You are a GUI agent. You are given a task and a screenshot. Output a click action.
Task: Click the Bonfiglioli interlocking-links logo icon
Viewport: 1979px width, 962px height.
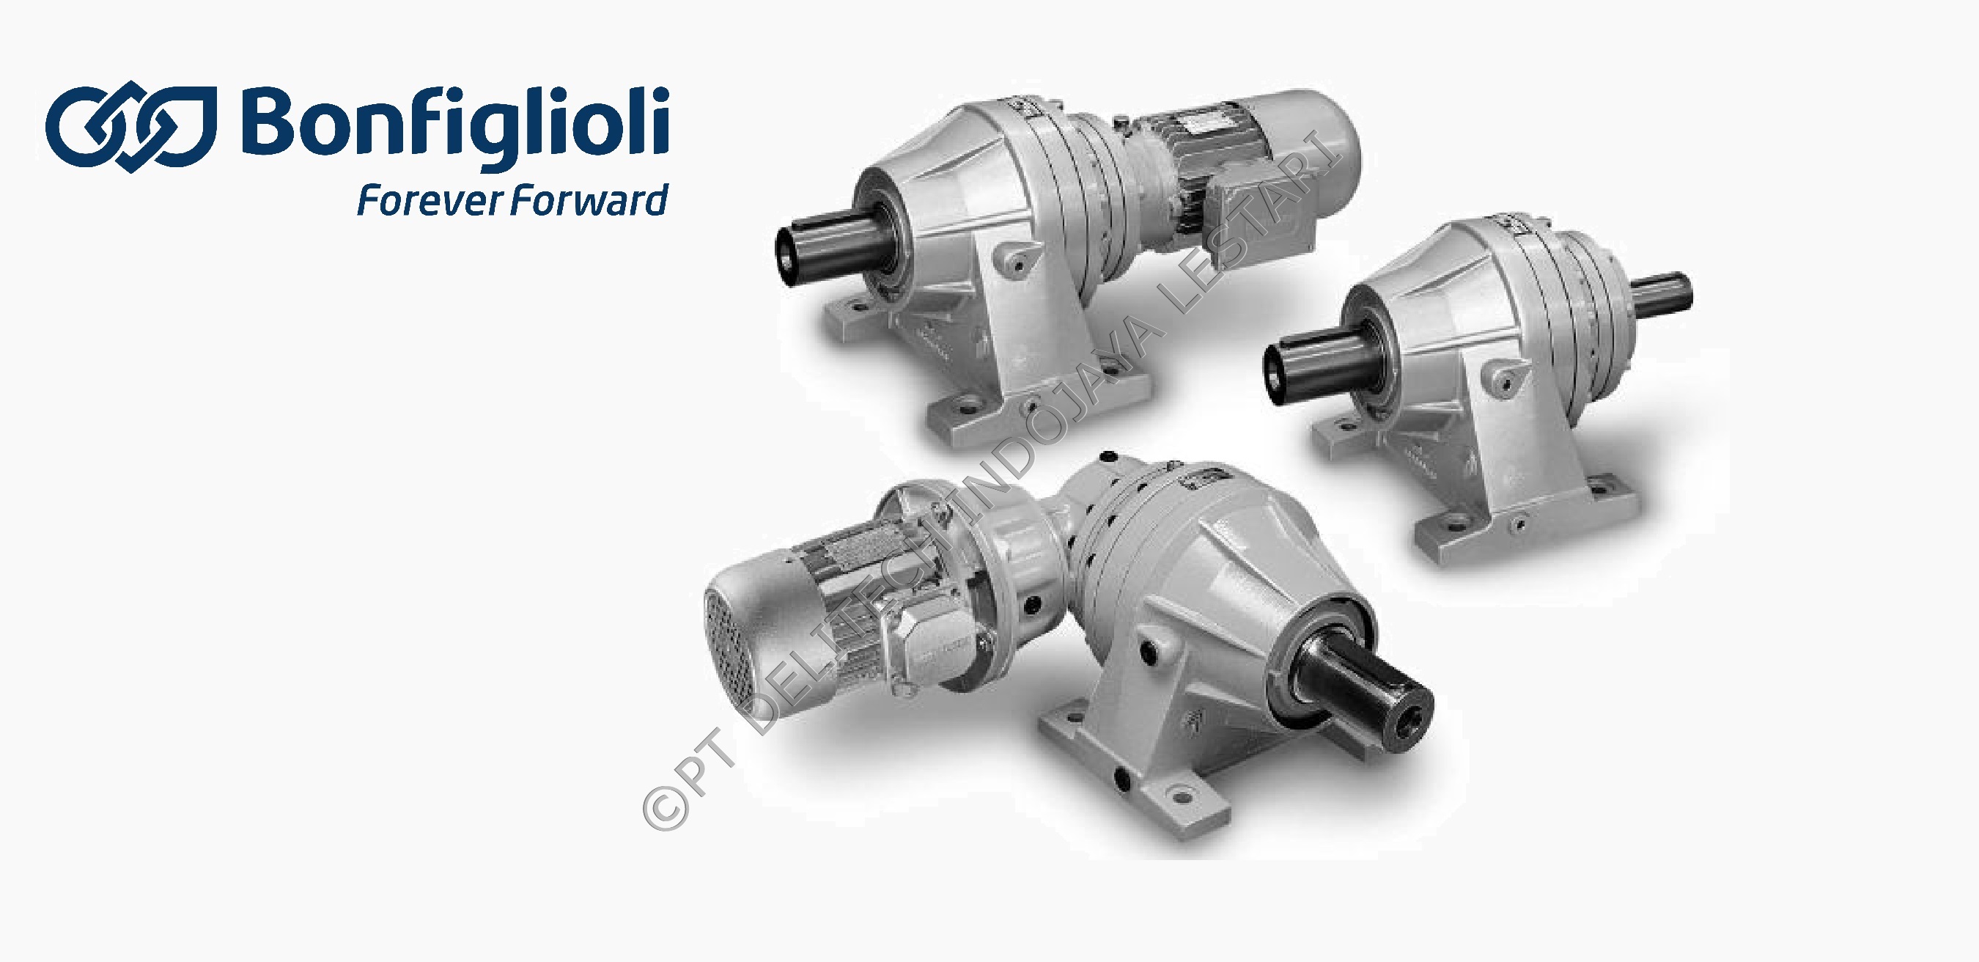pyautogui.click(x=131, y=127)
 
